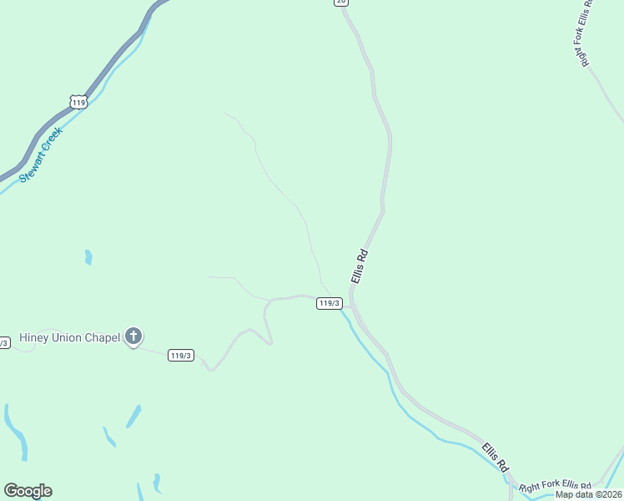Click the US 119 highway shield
pos(78,102)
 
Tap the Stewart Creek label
pos(41,155)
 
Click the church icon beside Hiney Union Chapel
pos(133,337)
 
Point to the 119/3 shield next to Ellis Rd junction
pos(329,303)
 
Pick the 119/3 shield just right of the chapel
pos(180,355)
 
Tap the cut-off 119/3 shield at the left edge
pos(3,342)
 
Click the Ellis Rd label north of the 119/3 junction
pos(360,266)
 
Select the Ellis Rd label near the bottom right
pos(495,457)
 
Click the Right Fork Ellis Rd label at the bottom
pos(555,486)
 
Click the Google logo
pos(28,491)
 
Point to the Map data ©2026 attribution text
pos(589,493)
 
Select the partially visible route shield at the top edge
pos(340,3)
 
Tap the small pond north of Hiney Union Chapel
pos(88,257)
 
